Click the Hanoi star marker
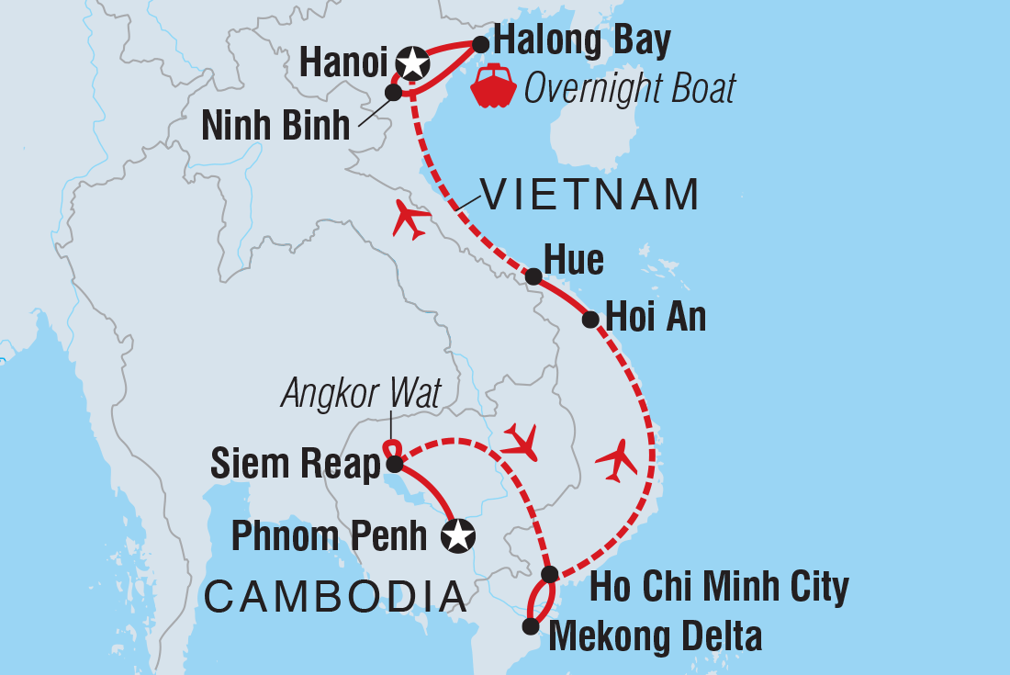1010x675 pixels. point(413,63)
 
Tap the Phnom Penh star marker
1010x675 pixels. point(458,534)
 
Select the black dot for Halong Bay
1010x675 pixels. point(479,43)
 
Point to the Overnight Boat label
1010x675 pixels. point(630,88)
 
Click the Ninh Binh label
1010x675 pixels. point(275,126)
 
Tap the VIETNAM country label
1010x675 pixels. point(591,195)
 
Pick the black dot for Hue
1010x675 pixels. point(533,276)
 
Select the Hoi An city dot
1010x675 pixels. point(590,320)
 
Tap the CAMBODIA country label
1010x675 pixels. point(335,596)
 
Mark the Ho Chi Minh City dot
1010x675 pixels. point(549,575)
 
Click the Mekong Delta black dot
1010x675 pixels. point(530,626)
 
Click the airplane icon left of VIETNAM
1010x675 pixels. point(410,219)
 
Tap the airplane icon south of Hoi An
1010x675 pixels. point(616,459)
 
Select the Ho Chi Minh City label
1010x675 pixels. point(719,587)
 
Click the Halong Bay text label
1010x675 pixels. point(582,40)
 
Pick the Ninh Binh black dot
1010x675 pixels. point(393,92)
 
